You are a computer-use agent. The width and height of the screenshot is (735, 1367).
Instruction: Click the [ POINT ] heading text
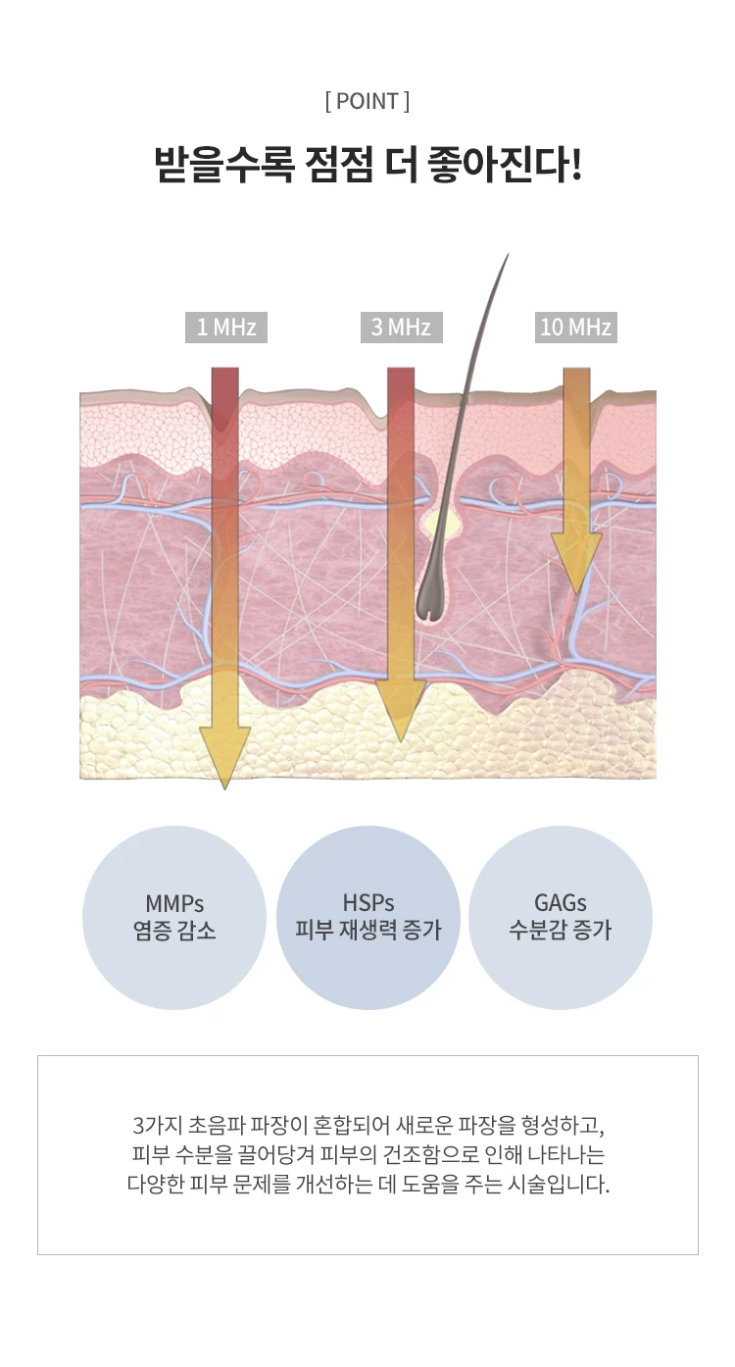click(x=367, y=101)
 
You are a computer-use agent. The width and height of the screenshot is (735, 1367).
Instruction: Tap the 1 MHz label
click(x=226, y=328)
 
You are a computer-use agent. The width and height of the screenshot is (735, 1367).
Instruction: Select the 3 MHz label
click(x=402, y=328)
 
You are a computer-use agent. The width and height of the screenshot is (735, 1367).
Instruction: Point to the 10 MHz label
click(x=576, y=328)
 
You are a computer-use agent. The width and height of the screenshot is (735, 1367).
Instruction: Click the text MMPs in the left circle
click(x=174, y=903)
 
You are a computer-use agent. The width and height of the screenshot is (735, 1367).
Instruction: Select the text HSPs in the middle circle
click(x=367, y=902)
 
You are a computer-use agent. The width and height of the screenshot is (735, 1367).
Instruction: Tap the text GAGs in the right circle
click(x=560, y=902)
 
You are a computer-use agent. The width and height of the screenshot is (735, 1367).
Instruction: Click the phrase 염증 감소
click(x=174, y=931)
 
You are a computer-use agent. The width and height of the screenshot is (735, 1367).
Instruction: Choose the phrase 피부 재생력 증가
click(x=367, y=930)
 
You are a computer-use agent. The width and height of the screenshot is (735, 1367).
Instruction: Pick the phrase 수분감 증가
click(x=560, y=930)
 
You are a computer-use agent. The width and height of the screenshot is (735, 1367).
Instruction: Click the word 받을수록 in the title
click(x=223, y=165)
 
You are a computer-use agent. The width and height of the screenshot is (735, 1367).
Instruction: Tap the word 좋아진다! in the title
click(x=505, y=165)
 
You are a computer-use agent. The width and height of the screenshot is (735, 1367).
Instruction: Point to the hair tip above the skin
click(x=508, y=255)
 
